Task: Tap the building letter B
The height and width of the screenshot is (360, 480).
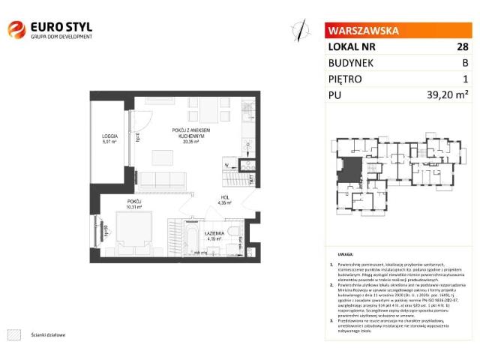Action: pos(464,62)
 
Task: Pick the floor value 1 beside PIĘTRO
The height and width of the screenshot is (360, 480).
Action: pos(465,79)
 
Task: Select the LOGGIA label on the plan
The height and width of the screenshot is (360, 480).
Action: pos(111,136)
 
